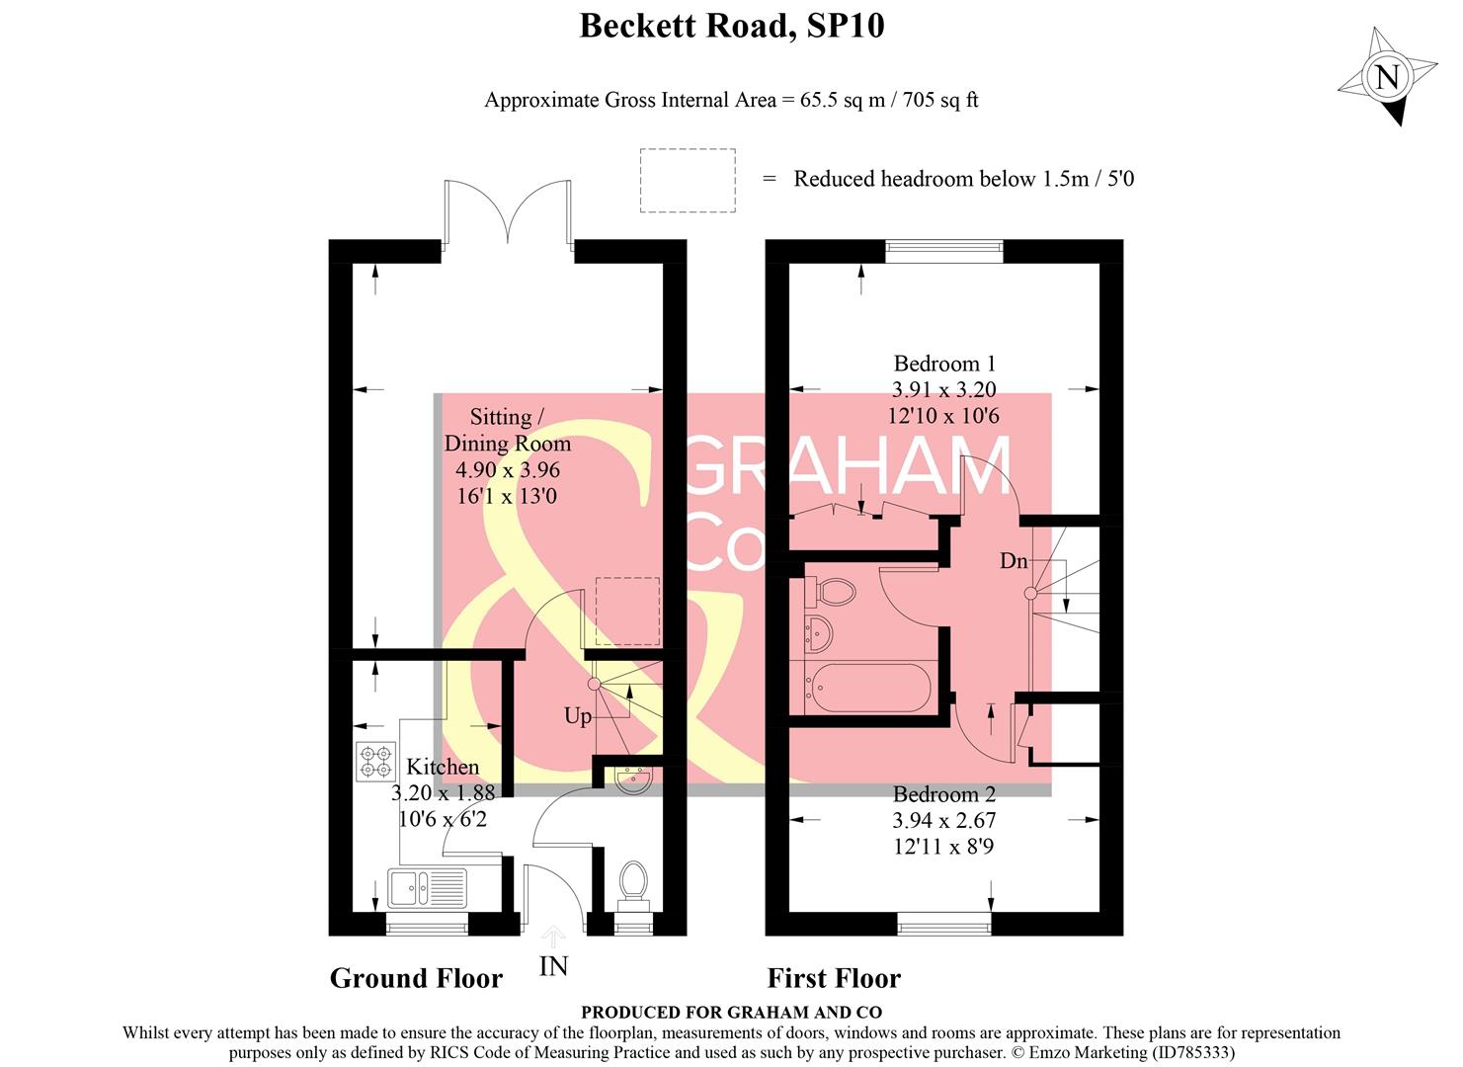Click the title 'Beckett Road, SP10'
point(731,26)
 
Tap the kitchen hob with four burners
point(375,762)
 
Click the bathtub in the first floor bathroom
point(868,688)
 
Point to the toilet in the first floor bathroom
point(831,592)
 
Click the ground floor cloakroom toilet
point(632,882)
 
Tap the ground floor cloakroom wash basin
point(629,780)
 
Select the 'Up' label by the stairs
point(578,715)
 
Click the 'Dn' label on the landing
point(1014,561)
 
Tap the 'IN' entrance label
point(553,965)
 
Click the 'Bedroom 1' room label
point(943,364)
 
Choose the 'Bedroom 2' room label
point(943,794)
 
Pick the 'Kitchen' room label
point(443,767)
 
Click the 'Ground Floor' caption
point(416,978)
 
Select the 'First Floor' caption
point(834,978)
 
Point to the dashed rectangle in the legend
point(688,180)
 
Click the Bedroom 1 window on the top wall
point(944,251)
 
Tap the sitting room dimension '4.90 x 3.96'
point(507,470)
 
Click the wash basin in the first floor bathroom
point(820,632)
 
